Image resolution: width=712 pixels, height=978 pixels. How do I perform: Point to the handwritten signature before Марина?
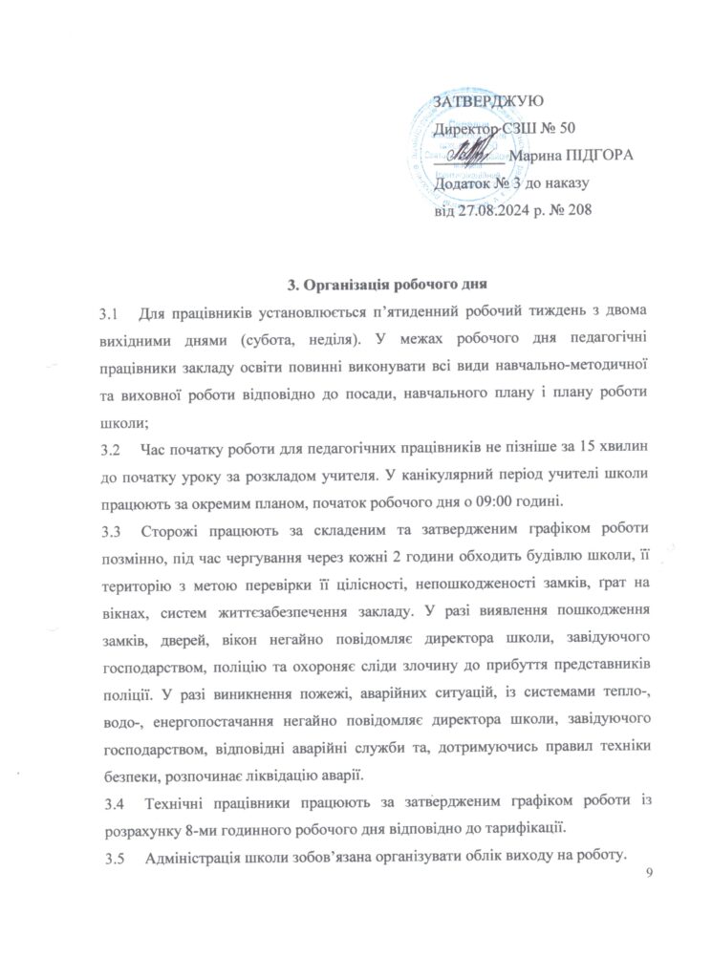(x=468, y=153)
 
